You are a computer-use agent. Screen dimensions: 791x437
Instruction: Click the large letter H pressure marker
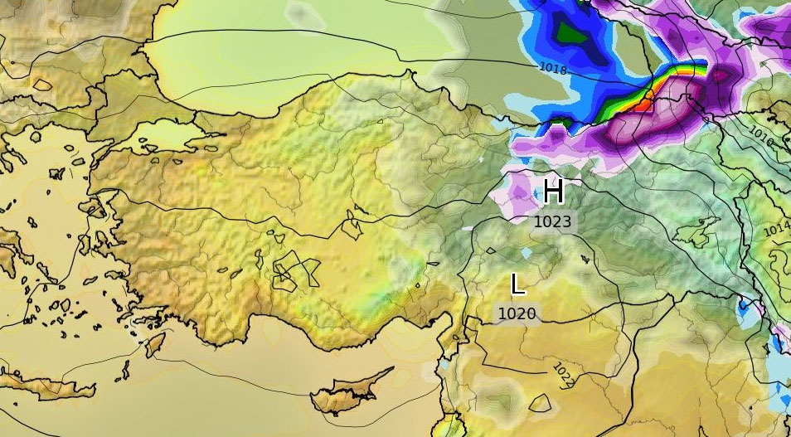554,192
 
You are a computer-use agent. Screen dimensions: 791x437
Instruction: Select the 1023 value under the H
552,221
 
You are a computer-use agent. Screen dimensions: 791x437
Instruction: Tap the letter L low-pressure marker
517,285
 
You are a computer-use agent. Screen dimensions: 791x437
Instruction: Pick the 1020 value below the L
517,313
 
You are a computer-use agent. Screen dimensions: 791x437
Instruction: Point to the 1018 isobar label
553,70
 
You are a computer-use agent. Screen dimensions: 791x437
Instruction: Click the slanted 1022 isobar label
564,374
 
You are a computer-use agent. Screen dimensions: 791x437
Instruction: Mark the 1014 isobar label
776,229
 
